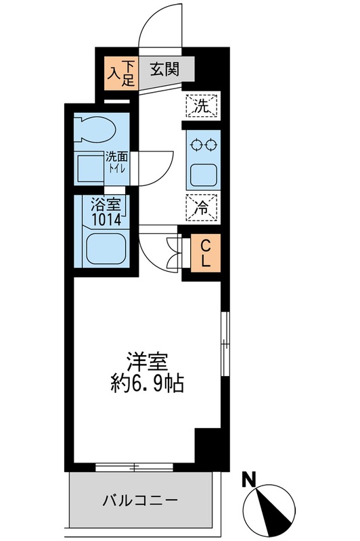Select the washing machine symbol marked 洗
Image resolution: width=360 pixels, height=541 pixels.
202,105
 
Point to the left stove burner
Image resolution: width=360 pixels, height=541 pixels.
196,144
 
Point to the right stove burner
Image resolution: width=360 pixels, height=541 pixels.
210,144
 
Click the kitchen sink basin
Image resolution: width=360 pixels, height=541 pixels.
202,174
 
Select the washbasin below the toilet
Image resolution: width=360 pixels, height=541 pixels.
89,166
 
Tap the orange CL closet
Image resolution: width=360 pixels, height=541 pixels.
204,252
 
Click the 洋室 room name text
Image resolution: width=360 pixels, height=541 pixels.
145,360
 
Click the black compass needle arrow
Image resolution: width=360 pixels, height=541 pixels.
273,511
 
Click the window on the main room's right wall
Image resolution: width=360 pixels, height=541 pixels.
226,344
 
